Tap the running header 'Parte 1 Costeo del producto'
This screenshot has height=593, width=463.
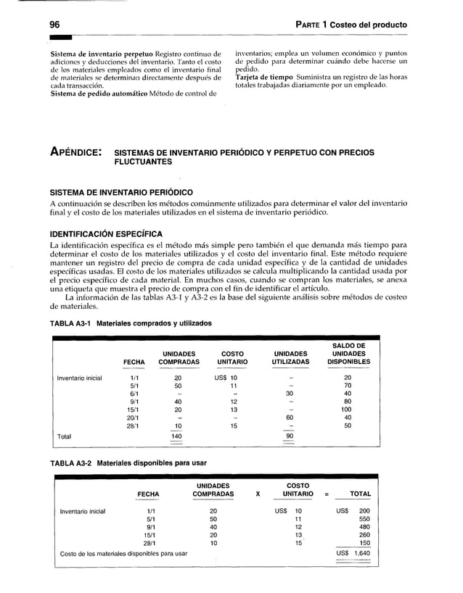tap(351, 25)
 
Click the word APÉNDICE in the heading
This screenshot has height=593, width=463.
tap(75, 154)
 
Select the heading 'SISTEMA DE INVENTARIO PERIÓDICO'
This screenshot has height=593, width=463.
tap(120, 192)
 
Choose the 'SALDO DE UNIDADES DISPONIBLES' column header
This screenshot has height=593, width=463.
tap(348, 353)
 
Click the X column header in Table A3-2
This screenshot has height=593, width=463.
tap(257, 494)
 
